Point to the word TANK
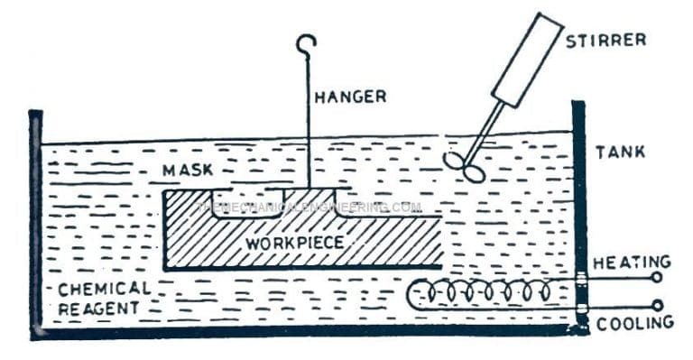point(620,152)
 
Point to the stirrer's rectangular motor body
point(527,59)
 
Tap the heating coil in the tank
point(487,293)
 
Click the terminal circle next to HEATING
point(656,278)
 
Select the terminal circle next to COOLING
point(656,306)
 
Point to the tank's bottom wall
point(307,332)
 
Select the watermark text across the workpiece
point(307,207)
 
